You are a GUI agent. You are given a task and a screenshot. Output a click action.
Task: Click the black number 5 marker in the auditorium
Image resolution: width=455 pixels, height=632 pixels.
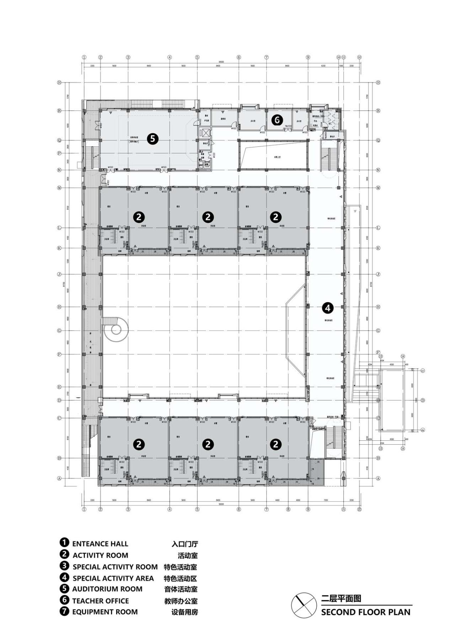click(x=152, y=139)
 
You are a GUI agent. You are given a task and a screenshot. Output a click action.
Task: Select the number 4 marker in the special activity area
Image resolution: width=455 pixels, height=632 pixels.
click(x=327, y=308)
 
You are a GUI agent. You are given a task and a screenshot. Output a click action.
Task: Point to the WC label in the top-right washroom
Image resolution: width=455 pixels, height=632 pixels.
click(x=330, y=124)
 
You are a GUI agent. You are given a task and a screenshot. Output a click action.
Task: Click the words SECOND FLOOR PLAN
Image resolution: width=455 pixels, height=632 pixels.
click(x=365, y=612)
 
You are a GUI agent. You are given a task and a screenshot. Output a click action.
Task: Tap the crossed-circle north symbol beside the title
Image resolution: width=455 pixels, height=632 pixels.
click(x=304, y=605)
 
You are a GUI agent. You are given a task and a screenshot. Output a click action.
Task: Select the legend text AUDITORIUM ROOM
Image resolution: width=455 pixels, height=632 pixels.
click(x=107, y=589)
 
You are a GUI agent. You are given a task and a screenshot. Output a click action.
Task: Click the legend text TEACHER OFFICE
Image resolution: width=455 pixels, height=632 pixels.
click(x=100, y=601)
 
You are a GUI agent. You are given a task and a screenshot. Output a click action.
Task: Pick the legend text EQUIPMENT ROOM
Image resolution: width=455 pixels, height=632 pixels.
click(x=105, y=612)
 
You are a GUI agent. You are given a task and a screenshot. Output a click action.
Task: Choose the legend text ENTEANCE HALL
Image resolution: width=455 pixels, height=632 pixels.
click(x=100, y=544)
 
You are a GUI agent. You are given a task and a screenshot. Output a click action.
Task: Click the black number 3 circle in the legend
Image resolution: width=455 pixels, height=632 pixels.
click(x=64, y=566)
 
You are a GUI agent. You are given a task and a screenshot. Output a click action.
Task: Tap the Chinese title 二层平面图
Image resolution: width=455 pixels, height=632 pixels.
click(x=341, y=599)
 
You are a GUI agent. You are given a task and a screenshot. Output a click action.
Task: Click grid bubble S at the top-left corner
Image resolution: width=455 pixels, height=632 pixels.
click(x=59, y=82)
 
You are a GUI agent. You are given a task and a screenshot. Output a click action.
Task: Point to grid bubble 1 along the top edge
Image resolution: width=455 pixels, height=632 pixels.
click(x=84, y=57)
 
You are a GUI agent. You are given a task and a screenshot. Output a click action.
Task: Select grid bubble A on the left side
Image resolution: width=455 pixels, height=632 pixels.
click(x=59, y=478)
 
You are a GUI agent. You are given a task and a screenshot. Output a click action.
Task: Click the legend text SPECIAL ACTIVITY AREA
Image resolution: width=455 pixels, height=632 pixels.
click(x=113, y=578)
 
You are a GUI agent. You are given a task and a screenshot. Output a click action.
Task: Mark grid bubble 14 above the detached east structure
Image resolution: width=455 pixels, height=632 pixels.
click(x=403, y=356)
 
